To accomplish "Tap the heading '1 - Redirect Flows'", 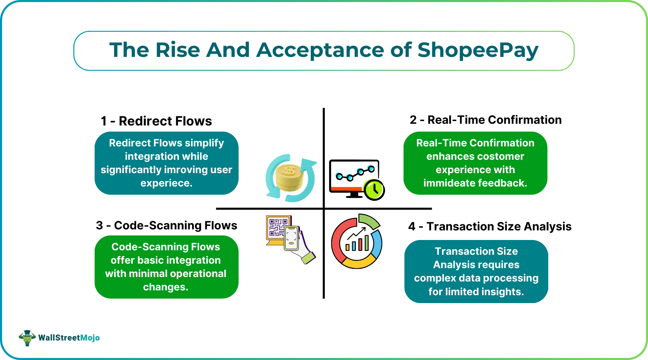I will [x=156, y=121].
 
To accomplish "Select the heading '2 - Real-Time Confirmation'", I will [x=485, y=120].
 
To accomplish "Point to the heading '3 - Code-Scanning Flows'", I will [x=167, y=225].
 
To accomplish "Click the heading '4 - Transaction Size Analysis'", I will [x=490, y=227].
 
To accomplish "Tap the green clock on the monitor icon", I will [x=374, y=190].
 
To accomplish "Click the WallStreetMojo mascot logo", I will [x=27, y=338].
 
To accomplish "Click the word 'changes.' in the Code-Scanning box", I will [x=166, y=287].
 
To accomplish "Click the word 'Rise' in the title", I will [x=178, y=50].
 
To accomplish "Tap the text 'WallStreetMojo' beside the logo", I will [x=69, y=338].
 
